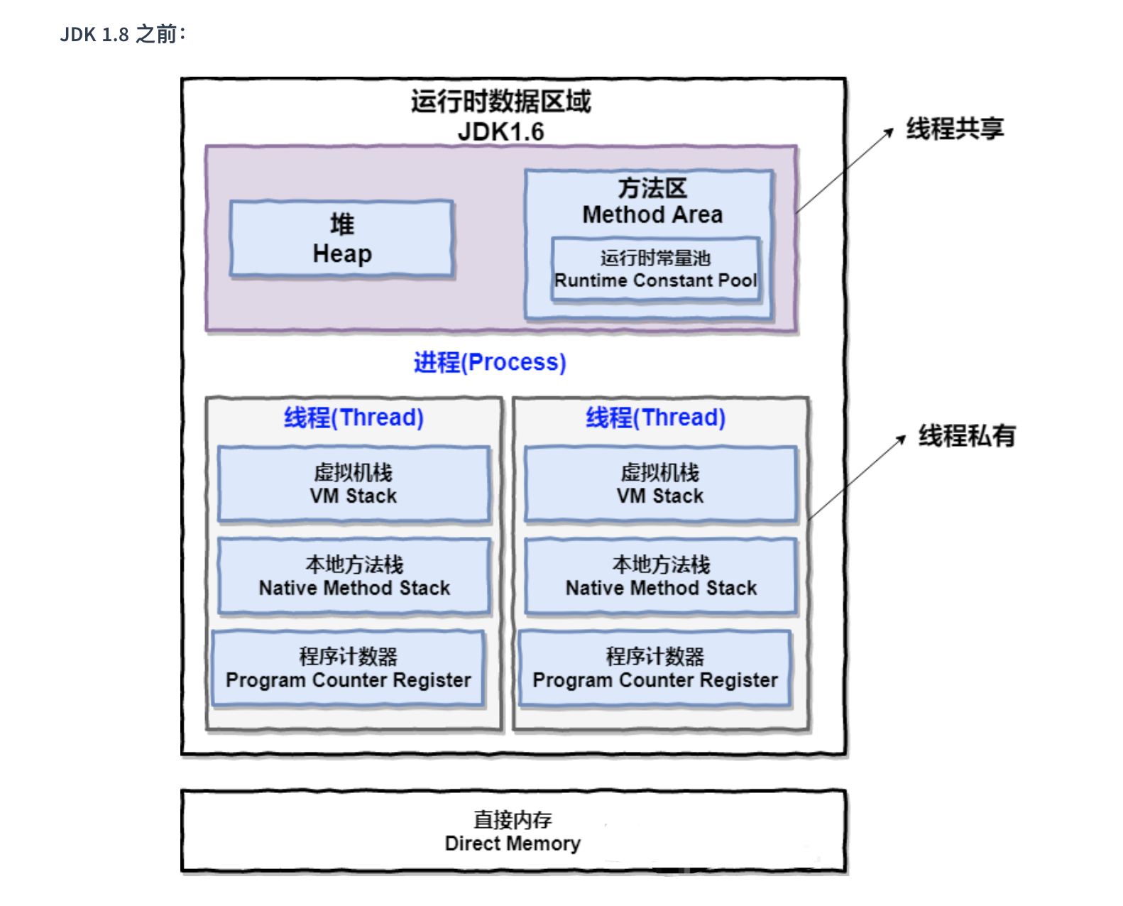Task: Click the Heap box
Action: (x=341, y=239)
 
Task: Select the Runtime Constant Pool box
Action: (x=656, y=270)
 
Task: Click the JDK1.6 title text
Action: (x=500, y=132)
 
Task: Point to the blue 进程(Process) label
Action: (x=490, y=362)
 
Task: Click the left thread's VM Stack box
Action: (x=354, y=484)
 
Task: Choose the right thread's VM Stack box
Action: (x=660, y=484)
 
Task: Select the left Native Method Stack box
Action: (x=354, y=576)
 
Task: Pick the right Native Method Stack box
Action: (x=660, y=576)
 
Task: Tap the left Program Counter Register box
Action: (x=348, y=668)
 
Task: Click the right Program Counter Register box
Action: (x=654, y=668)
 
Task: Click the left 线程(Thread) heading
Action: (x=354, y=417)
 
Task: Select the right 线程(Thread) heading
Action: (x=655, y=417)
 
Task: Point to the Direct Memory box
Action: (x=513, y=831)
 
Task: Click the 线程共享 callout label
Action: (x=955, y=129)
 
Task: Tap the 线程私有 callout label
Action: (x=967, y=435)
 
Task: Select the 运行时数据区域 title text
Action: (x=500, y=102)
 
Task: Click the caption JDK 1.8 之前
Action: (x=123, y=34)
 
